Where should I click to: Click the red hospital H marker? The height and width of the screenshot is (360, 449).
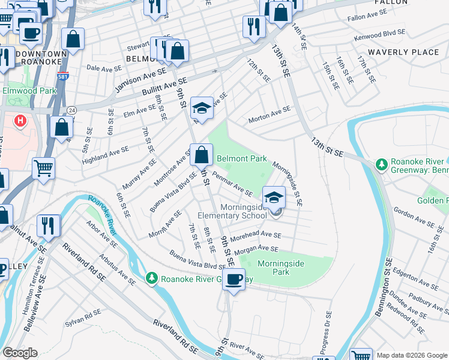tap(20, 121)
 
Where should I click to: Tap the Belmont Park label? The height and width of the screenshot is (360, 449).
tap(242, 159)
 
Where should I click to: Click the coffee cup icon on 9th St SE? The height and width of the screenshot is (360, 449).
tap(234, 279)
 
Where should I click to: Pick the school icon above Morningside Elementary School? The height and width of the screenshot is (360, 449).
tap(274, 197)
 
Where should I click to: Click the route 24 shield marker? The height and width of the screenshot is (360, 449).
tap(72, 110)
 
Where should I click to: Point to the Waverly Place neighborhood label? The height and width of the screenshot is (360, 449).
tap(403, 52)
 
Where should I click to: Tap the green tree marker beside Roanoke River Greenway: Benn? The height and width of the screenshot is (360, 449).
tap(379, 164)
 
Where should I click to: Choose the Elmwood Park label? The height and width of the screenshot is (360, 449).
tap(29, 91)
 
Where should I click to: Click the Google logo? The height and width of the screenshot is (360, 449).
tap(20, 353)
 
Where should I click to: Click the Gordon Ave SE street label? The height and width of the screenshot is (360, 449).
tap(414, 218)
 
